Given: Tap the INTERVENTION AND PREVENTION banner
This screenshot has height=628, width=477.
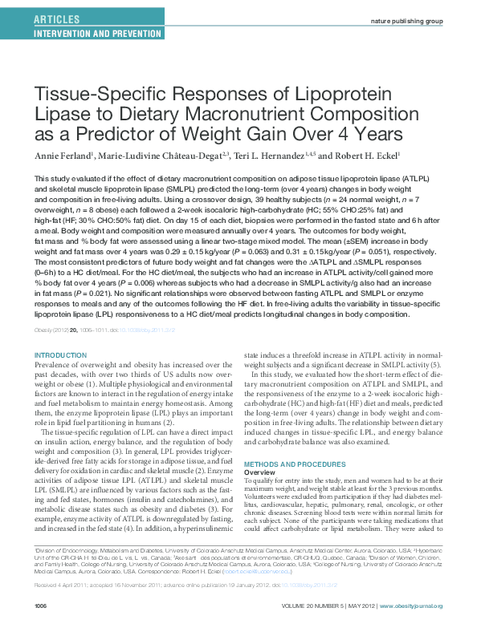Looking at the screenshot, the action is [x=96, y=33].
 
